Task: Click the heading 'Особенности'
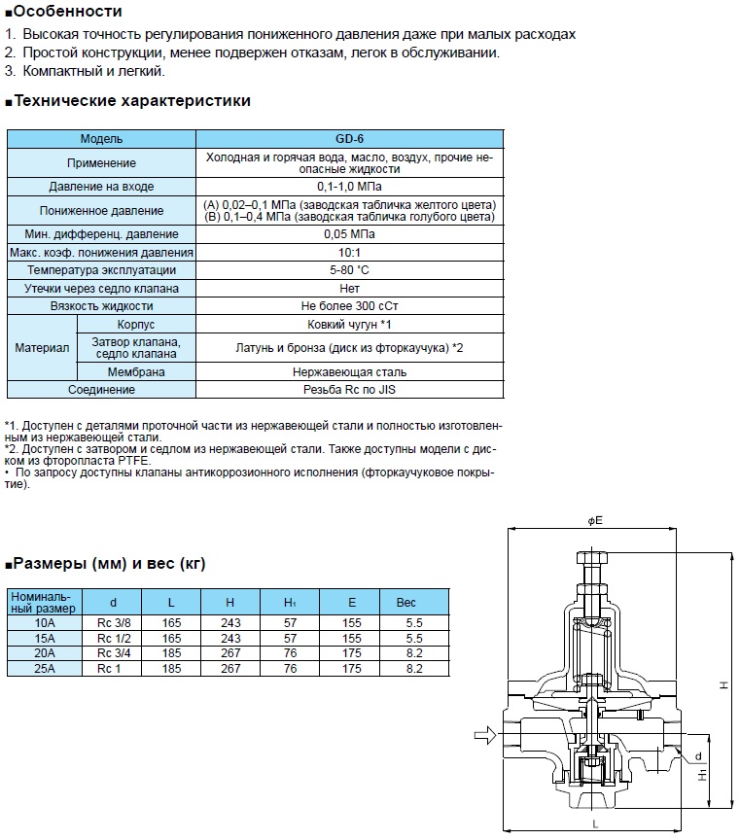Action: (67, 12)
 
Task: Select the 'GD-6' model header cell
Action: (350, 139)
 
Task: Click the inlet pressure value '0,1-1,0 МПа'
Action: (350, 186)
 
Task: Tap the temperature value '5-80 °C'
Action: (350, 270)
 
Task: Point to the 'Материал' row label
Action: (42, 347)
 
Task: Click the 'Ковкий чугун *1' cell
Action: (350, 324)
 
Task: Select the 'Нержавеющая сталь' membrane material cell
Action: (350, 371)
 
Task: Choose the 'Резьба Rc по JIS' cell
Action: (350, 389)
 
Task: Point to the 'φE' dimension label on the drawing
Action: (596, 521)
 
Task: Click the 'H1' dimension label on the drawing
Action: (703, 776)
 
